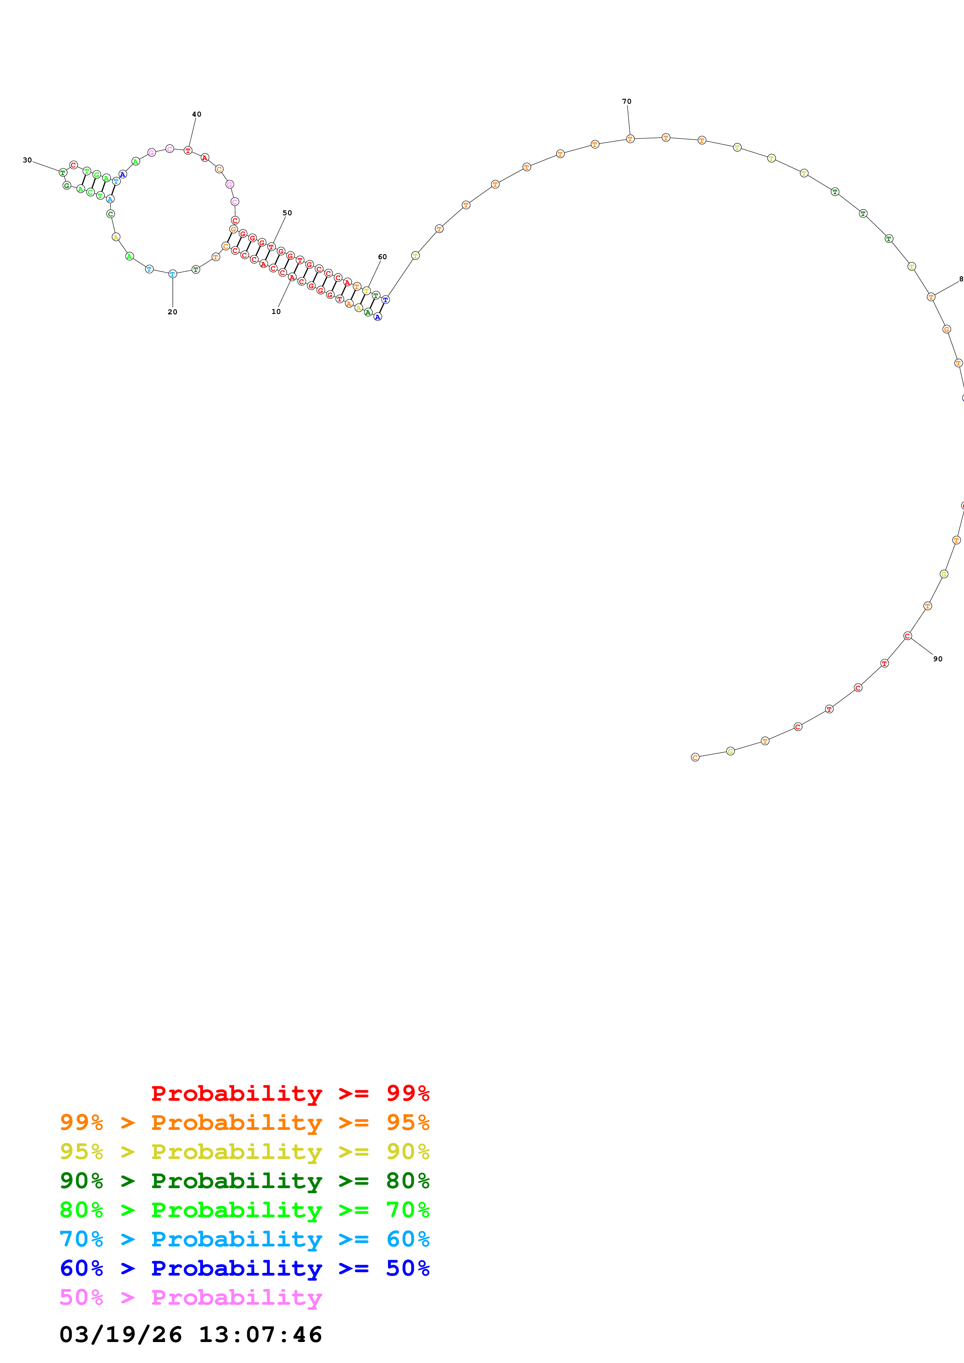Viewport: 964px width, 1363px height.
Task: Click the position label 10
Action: tap(276, 312)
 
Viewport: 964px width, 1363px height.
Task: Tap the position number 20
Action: tap(172, 312)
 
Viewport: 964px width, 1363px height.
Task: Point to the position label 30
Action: tap(27, 160)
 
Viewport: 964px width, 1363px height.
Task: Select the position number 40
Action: tap(197, 115)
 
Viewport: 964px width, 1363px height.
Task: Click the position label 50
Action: tap(287, 213)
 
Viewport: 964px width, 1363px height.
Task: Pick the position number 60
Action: tap(383, 257)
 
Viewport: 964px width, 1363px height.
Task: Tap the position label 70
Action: tap(626, 101)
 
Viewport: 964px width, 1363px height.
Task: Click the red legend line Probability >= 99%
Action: tap(290, 1093)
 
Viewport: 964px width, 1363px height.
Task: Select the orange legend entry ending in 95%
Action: tap(244, 1122)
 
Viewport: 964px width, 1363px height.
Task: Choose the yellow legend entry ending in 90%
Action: tap(244, 1152)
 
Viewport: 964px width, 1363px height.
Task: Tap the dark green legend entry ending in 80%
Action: tap(244, 1181)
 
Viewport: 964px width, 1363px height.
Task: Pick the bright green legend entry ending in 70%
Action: tap(244, 1210)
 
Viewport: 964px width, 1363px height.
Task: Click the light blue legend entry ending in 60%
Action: tap(244, 1239)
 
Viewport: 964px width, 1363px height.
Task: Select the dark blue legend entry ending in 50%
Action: tap(244, 1268)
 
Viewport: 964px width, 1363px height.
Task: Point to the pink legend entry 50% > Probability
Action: tap(190, 1297)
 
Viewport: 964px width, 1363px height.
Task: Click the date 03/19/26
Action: tap(121, 1335)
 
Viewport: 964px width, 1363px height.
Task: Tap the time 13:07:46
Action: tap(260, 1335)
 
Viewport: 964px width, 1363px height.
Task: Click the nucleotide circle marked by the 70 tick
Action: tap(630, 139)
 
